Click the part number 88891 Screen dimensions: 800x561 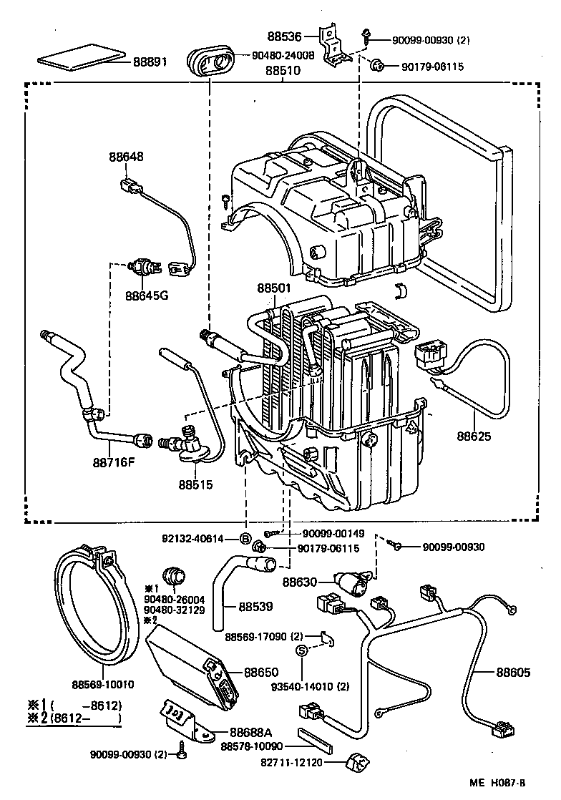tap(150, 62)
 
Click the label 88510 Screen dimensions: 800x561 tap(283, 72)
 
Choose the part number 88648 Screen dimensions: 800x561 tap(126, 157)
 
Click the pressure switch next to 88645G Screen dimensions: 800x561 tap(142, 268)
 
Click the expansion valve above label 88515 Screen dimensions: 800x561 tap(187, 444)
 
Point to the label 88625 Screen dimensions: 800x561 tap(474, 434)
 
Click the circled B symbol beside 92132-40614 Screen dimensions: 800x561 tap(245, 539)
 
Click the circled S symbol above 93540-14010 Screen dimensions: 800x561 tap(301, 650)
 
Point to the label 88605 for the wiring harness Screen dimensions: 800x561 tap(514, 672)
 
